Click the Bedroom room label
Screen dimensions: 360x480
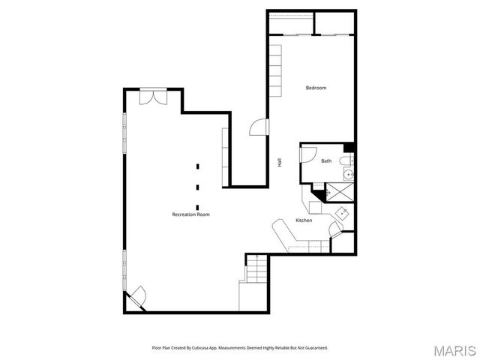(x=316, y=88)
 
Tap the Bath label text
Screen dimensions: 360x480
(x=326, y=161)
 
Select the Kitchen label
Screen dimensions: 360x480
(x=304, y=220)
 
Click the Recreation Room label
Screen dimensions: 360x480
(x=190, y=214)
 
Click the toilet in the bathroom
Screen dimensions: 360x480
(x=344, y=162)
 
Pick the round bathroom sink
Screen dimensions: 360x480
(x=348, y=175)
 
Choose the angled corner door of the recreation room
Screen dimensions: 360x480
(x=136, y=298)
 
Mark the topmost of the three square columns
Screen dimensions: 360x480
(x=198, y=166)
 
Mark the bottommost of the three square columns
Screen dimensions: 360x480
(x=198, y=207)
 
